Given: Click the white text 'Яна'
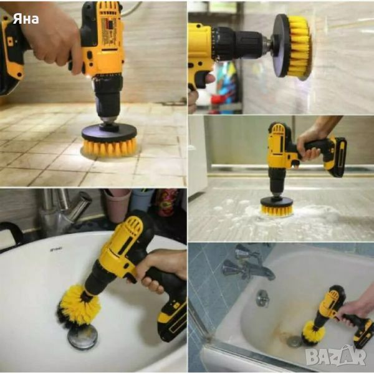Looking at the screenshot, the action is coord(26,19).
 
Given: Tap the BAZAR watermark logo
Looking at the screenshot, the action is coord(336,356).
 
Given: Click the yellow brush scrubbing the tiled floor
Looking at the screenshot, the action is coord(109,146).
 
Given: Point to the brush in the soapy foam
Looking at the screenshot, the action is coord(276,209).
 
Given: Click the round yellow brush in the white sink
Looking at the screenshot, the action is coord(79,306).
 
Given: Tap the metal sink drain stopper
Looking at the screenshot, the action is coord(82,337).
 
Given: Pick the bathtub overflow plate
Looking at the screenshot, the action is coord(262,298).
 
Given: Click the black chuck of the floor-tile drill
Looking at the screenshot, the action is coord(108,100).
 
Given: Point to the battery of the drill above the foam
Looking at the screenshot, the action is coord(335,157).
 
